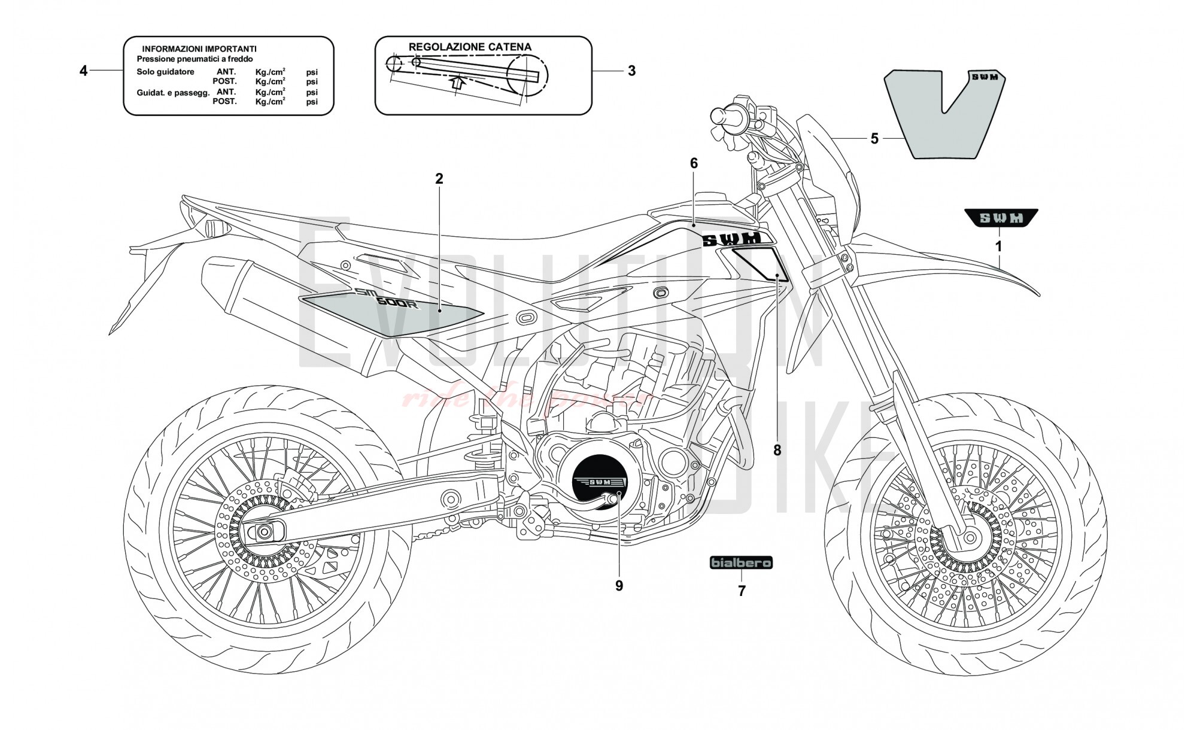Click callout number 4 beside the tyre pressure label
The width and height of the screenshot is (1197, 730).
pos(83,71)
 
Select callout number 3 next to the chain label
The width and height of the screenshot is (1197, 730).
pos(631,71)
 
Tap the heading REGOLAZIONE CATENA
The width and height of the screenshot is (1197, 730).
pos(470,47)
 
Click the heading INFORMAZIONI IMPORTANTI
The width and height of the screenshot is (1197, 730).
pos(199,48)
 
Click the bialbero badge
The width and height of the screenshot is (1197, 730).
pos(741,562)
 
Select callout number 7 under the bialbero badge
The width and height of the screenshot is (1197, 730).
pos(742,591)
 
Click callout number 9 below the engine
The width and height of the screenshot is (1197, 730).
pos(619,586)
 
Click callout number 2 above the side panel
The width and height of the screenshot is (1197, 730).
pos(439,178)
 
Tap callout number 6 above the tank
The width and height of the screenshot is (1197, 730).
pos(694,163)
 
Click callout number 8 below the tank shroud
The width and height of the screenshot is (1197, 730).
pos(777,450)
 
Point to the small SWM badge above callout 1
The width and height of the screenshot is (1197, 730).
pos(1001,218)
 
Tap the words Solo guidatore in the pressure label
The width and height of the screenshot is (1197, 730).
pos(165,72)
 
